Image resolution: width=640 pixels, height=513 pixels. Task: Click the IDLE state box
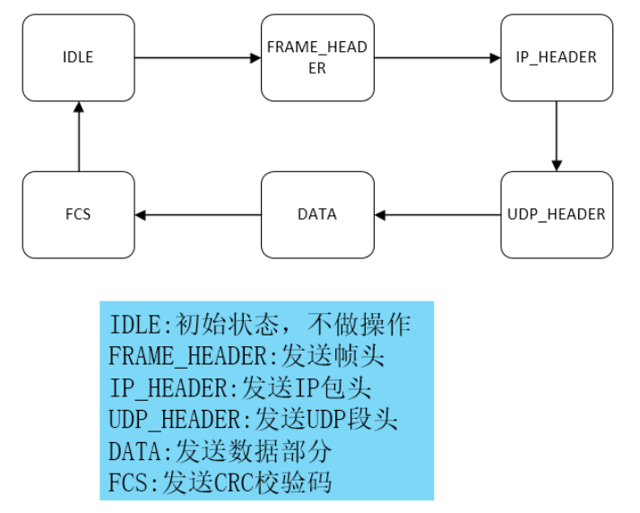click(78, 57)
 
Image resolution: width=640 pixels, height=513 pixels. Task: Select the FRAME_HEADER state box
click(317, 57)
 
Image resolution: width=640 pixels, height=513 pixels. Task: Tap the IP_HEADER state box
click(556, 57)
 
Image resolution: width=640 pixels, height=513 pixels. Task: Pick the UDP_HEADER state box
click(556, 214)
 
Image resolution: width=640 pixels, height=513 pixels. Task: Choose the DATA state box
click(317, 214)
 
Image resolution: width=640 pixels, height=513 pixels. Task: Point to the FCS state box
click(78, 214)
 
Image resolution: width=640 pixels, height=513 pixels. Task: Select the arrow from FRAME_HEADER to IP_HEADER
click(437, 58)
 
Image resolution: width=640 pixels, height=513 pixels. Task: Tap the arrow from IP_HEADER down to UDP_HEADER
click(557, 135)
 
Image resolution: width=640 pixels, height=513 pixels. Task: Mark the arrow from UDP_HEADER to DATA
click(437, 214)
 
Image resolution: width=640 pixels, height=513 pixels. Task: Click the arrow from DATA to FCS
click(197, 214)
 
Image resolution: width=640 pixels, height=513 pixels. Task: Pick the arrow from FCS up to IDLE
click(79, 135)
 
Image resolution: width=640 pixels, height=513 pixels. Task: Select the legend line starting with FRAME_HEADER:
click(246, 356)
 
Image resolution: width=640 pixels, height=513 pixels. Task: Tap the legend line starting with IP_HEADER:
click(240, 388)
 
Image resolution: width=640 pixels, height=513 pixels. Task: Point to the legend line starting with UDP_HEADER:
click(254, 420)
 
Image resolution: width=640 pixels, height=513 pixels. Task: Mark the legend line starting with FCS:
click(221, 483)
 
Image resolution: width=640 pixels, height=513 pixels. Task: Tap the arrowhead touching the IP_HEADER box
click(496, 58)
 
